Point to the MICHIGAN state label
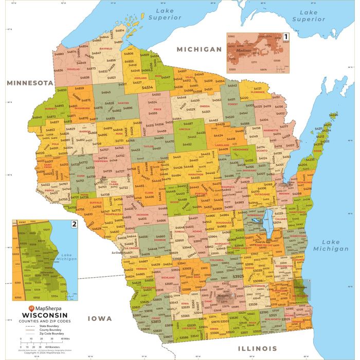[x=199, y=49]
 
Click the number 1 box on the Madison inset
[x=286, y=37]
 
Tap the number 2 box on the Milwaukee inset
[x=74, y=224]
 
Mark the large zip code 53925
[x=238, y=276]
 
